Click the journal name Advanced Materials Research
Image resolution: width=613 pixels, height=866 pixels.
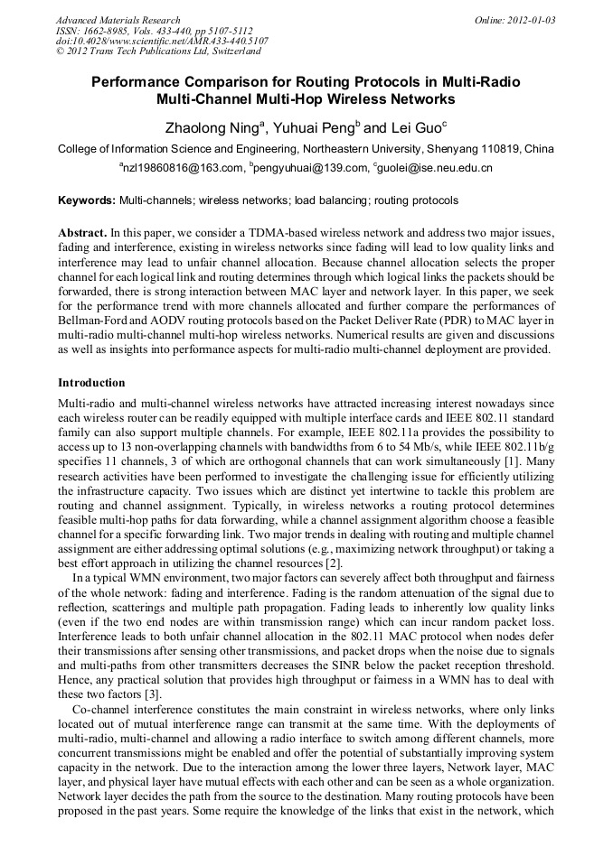point(118,20)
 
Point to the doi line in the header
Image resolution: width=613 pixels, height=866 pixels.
point(162,41)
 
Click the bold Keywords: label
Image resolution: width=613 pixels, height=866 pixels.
point(87,200)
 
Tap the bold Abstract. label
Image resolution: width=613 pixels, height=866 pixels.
point(83,233)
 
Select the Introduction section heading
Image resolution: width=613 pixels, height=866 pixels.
point(91,383)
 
